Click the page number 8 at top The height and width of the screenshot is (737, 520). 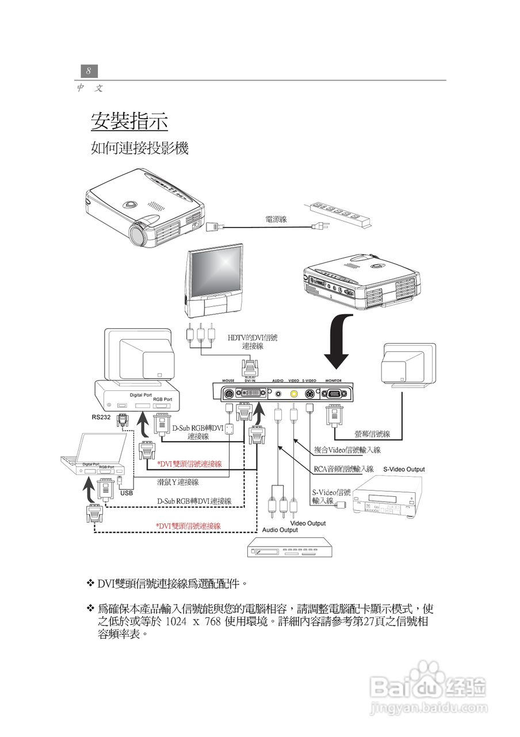[x=89, y=71]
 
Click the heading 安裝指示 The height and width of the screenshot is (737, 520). [x=129, y=121]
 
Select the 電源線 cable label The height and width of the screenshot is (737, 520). [x=276, y=219]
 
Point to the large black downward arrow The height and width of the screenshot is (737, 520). [x=340, y=340]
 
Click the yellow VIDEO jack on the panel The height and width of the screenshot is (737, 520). [x=294, y=394]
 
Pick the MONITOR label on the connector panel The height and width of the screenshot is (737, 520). [x=333, y=381]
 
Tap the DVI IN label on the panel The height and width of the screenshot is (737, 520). [x=250, y=381]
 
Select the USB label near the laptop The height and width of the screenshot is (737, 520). [x=127, y=493]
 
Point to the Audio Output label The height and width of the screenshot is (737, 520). [x=280, y=530]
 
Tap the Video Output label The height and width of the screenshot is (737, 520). [x=308, y=523]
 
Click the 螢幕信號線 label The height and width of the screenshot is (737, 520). [x=372, y=434]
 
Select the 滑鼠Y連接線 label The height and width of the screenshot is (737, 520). [x=178, y=482]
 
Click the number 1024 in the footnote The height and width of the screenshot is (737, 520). [x=177, y=622]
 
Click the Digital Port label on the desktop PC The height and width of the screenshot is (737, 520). [x=140, y=395]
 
